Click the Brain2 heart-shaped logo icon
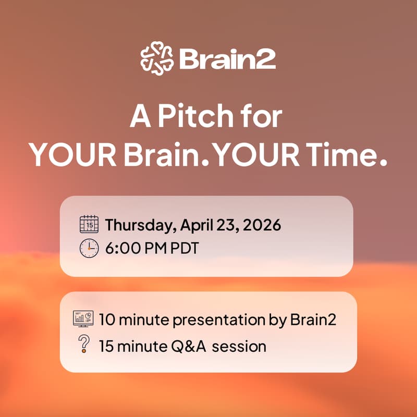pyautogui.click(x=157, y=58)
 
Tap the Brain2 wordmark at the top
pyautogui.click(x=227, y=59)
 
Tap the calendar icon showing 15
pyautogui.click(x=89, y=225)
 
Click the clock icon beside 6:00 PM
pyautogui.click(x=89, y=248)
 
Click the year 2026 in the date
pyautogui.click(x=261, y=226)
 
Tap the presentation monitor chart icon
pyautogui.click(x=83, y=318)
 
